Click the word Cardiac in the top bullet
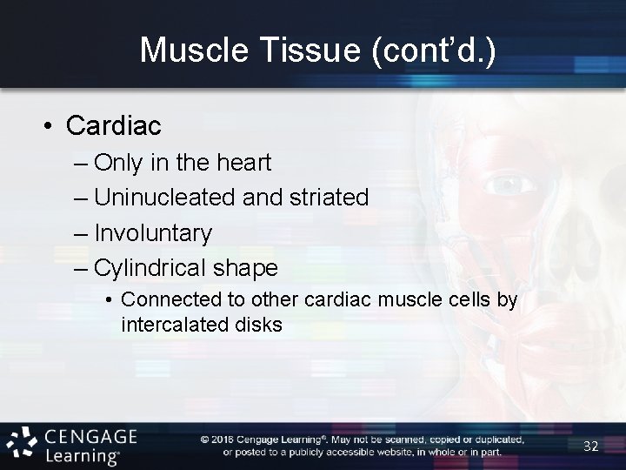pyautogui.click(x=113, y=126)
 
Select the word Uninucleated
pyautogui.click(x=165, y=198)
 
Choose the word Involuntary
pyautogui.click(x=153, y=232)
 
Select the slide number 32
pyautogui.click(x=590, y=446)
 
